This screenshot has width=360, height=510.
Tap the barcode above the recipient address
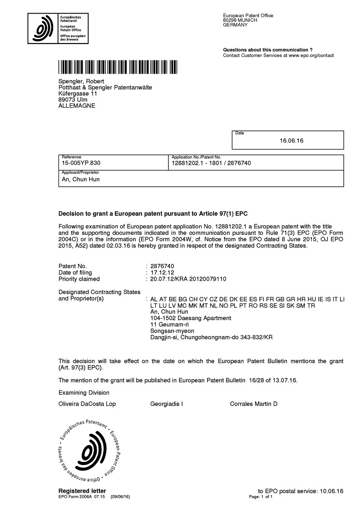click(118, 67)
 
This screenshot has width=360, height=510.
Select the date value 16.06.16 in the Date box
click(292, 141)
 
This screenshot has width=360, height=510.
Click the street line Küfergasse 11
click(78, 94)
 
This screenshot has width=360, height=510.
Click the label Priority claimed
click(79, 279)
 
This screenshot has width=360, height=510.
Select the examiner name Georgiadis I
click(166, 404)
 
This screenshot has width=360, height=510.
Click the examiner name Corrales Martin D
click(253, 404)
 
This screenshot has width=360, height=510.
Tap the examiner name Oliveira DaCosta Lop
click(87, 404)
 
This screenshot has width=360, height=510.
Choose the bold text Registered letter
click(82, 491)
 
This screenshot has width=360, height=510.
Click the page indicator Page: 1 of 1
click(261, 497)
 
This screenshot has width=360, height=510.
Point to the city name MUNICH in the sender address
click(247, 20)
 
